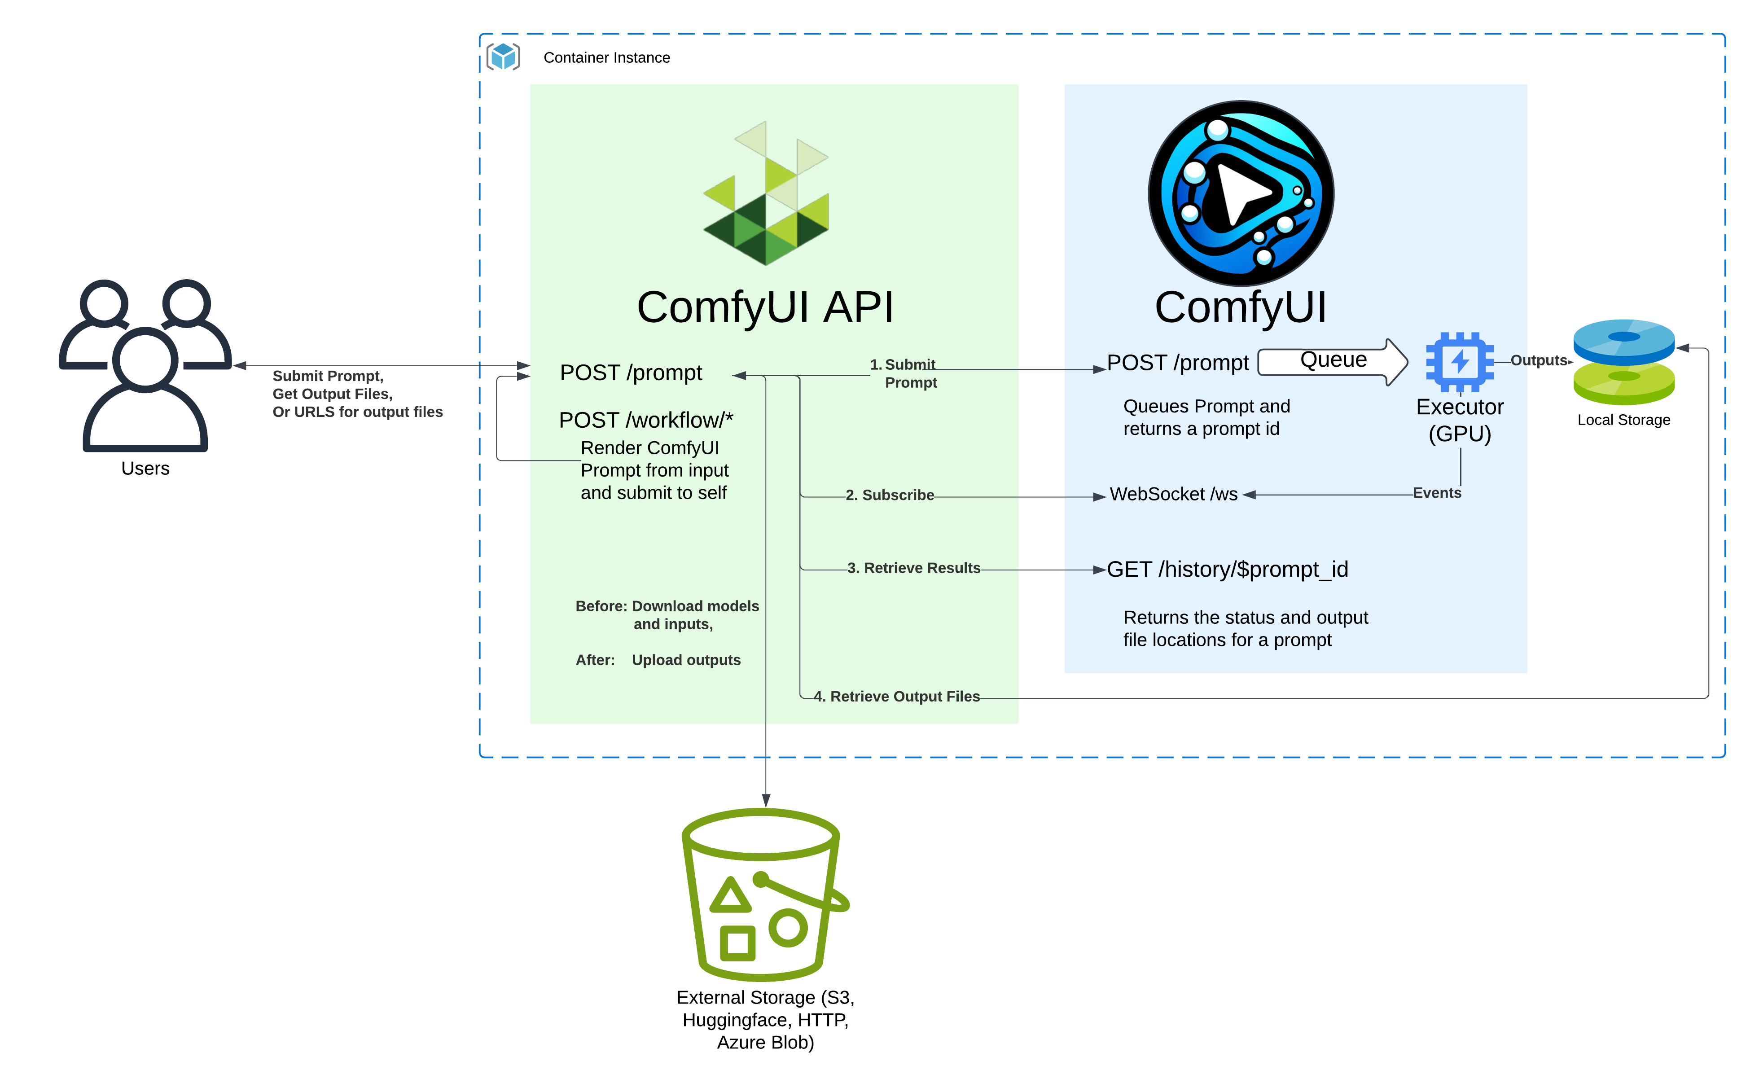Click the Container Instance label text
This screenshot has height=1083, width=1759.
pyautogui.click(x=607, y=57)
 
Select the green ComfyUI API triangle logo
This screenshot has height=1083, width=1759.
pyautogui.click(x=766, y=193)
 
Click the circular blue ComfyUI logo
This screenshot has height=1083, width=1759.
pyautogui.click(x=1241, y=193)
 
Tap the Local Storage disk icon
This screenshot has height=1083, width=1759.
pyautogui.click(x=1623, y=362)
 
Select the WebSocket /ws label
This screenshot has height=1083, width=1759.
pyautogui.click(x=1173, y=494)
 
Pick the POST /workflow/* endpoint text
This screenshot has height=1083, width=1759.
pyautogui.click(x=646, y=420)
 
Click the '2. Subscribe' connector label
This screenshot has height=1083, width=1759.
pyautogui.click(x=890, y=495)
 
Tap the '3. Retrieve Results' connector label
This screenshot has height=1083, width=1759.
pyautogui.click(x=914, y=568)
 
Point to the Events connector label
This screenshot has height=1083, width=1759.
pyautogui.click(x=1437, y=493)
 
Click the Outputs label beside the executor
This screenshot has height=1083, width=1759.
pyautogui.click(x=1539, y=360)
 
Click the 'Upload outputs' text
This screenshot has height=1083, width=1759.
pyautogui.click(x=686, y=660)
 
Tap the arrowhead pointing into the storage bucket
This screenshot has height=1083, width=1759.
pyautogui.click(x=766, y=800)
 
